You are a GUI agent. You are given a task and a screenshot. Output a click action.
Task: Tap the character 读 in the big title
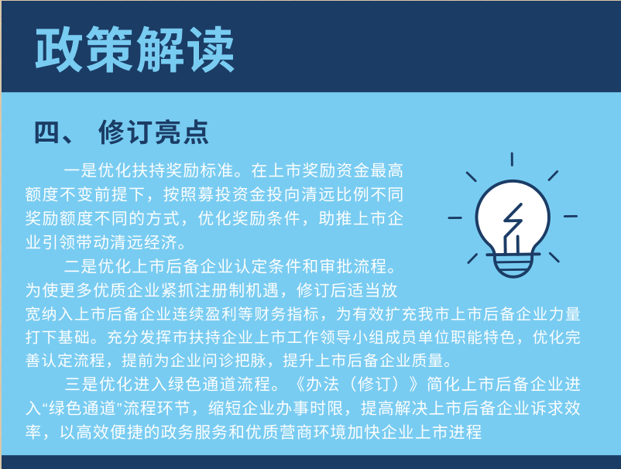(210, 50)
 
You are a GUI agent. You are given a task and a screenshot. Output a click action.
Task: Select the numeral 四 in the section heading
(46, 132)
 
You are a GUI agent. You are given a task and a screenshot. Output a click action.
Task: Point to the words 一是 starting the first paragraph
(81, 170)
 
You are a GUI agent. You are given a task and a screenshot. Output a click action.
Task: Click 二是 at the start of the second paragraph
(81, 266)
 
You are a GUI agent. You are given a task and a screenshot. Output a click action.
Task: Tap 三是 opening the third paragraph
(82, 384)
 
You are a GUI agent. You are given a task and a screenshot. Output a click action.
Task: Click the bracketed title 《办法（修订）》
(358, 384)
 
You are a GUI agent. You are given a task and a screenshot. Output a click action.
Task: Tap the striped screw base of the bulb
(513, 265)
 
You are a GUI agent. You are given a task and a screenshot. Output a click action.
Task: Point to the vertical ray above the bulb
(512, 159)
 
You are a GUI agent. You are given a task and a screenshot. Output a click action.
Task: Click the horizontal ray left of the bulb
(455, 217)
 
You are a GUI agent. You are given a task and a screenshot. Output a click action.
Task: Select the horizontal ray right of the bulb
(571, 216)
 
